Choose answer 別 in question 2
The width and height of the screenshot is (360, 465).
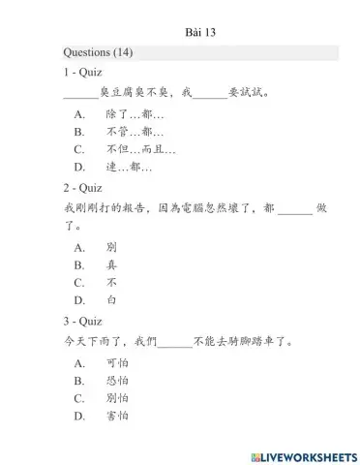[112, 247]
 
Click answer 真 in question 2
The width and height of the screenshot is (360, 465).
[112, 264]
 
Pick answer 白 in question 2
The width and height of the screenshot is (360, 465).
[112, 300]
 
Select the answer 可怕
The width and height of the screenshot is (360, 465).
[118, 363]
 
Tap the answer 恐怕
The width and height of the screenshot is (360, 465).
[118, 381]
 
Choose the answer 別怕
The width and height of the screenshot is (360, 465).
[118, 398]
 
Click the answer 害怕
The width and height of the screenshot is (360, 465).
[118, 417]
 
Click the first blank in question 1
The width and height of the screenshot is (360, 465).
[81, 95]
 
